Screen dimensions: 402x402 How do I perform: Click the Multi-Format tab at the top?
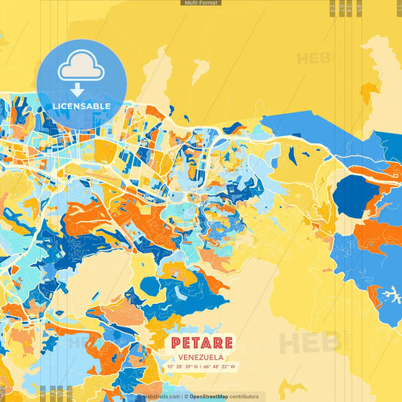click(201, 3)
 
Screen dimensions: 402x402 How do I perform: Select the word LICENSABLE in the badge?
click(81, 106)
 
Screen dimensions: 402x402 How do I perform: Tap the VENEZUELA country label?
click(201, 358)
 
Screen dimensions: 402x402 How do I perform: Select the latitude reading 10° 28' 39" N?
click(183, 367)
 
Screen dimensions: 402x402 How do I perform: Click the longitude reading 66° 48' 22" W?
click(219, 367)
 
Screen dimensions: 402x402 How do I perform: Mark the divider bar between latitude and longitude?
click(201, 367)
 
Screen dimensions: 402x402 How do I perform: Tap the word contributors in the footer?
click(244, 396)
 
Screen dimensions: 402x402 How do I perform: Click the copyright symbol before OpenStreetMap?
click(186, 396)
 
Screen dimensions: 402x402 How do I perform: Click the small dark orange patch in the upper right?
click(367, 93)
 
